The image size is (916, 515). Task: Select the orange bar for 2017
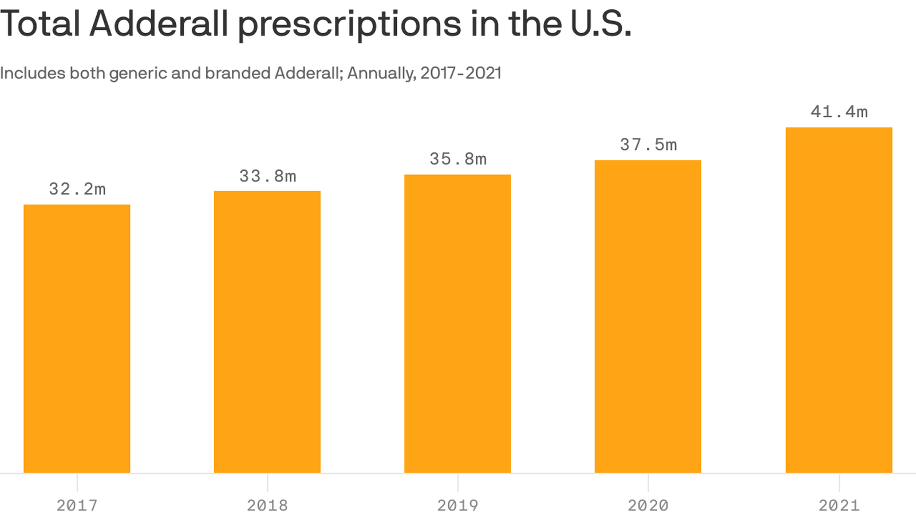coord(77,339)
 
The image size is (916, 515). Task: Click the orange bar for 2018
coord(267,332)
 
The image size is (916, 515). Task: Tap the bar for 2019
coord(457,323)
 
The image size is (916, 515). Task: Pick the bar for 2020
coord(648,316)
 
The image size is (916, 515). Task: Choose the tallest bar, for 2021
coord(839,300)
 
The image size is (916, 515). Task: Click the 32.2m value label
coord(77,189)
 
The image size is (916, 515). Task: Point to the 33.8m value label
coord(267,176)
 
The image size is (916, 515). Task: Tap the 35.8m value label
coord(458,159)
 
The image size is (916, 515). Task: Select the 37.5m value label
coord(648,144)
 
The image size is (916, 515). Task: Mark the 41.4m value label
coord(839,112)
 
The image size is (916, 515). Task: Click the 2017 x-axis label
coord(77,505)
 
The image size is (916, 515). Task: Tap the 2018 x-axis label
coord(267,505)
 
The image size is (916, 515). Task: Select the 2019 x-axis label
coord(457,505)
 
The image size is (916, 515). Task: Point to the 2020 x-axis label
coord(648,505)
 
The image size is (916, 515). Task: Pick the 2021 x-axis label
coord(839,505)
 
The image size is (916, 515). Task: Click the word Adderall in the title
coord(159,24)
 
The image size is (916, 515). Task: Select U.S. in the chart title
coord(601,24)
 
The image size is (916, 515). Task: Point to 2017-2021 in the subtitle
coord(461,73)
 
